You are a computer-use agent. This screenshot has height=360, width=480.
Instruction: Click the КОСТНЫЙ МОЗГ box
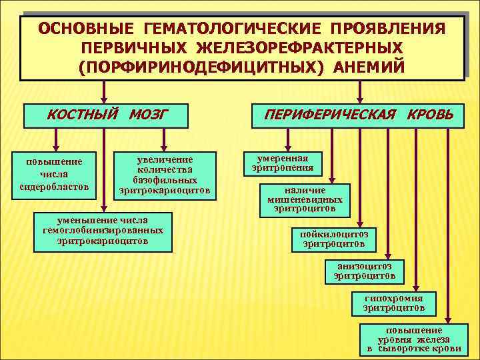(x=105, y=115)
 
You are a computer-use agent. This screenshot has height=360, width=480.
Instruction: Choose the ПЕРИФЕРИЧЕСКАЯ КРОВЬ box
(x=359, y=115)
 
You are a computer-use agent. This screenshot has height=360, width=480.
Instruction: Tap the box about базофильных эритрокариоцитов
(x=165, y=175)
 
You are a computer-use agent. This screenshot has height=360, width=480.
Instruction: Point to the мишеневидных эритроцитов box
(x=305, y=199)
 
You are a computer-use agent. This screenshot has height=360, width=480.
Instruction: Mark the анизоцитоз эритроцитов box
(x=364, y=270)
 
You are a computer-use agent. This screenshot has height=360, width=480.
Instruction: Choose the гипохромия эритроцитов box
(x=394, y=303)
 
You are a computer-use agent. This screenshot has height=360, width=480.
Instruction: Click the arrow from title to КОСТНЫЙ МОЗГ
(x=103, y=91)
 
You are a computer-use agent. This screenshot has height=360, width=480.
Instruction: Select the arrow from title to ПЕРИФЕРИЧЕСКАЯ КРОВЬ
(x=360, y=91)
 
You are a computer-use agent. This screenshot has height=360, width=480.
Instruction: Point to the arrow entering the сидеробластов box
(x=56, y=140)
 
